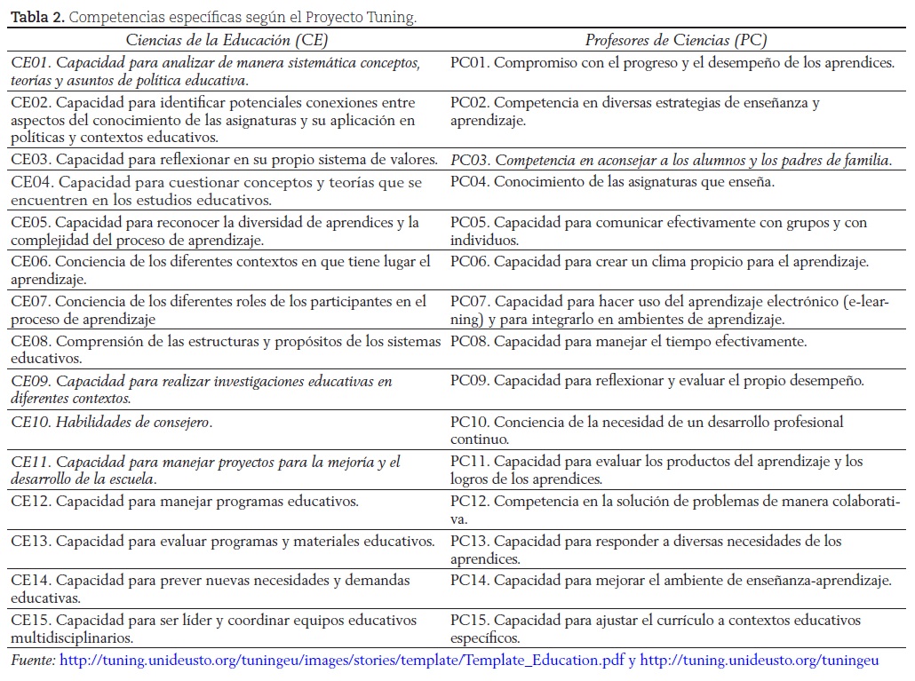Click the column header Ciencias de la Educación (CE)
(x=227, y=40)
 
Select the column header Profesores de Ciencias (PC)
(x=675, y=40)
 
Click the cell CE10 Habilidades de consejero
(x=112, y=422)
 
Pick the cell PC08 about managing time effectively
(x=628, y=341)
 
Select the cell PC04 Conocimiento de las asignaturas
(x=612, y=182)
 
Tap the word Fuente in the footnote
(x=33, y=661)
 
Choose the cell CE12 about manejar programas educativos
(x=185, y=501)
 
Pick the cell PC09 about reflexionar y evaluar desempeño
(x=656, y=381)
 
